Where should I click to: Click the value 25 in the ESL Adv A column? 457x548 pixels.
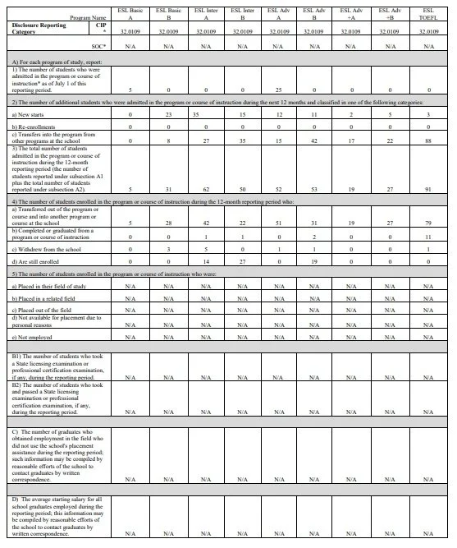tap(279, 90)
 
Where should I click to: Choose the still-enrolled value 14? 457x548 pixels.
tap(206, 282)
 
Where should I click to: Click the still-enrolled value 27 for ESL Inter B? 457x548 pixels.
tap(243, 282)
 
